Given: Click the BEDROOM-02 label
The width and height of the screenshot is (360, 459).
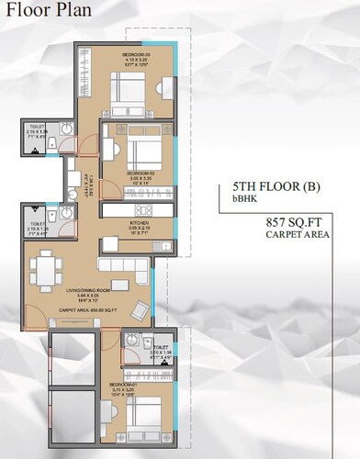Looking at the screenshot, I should click(x=140, y=174).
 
